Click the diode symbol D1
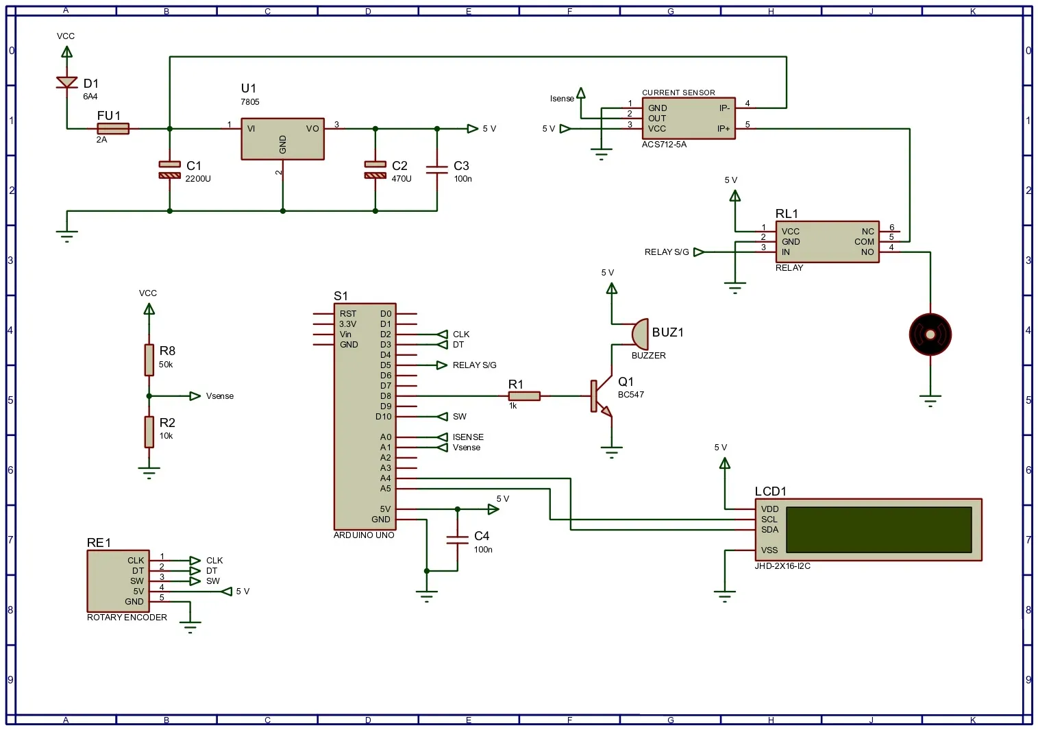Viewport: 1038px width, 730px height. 66,82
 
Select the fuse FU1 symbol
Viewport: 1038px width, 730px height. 113,128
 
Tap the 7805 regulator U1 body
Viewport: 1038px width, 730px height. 282,138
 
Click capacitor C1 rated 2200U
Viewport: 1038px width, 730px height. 169,169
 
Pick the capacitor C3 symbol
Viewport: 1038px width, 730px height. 436,169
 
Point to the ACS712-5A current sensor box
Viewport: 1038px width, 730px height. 688,118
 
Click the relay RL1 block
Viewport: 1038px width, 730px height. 826,241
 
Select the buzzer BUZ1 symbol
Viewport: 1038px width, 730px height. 639,334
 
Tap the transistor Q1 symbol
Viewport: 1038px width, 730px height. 600,396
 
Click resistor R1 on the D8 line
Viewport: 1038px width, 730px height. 524,396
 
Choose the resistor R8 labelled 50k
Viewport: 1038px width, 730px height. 149,360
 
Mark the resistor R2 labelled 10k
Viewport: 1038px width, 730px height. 149,432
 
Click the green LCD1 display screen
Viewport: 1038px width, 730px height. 878,529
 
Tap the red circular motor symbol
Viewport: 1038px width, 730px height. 930,334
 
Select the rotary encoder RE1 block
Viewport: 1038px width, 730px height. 117,581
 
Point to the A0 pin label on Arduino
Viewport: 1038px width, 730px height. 386,437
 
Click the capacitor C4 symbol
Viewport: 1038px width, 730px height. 457,539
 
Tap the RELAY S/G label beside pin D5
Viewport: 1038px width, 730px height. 474,365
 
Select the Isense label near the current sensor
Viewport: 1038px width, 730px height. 562,99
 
